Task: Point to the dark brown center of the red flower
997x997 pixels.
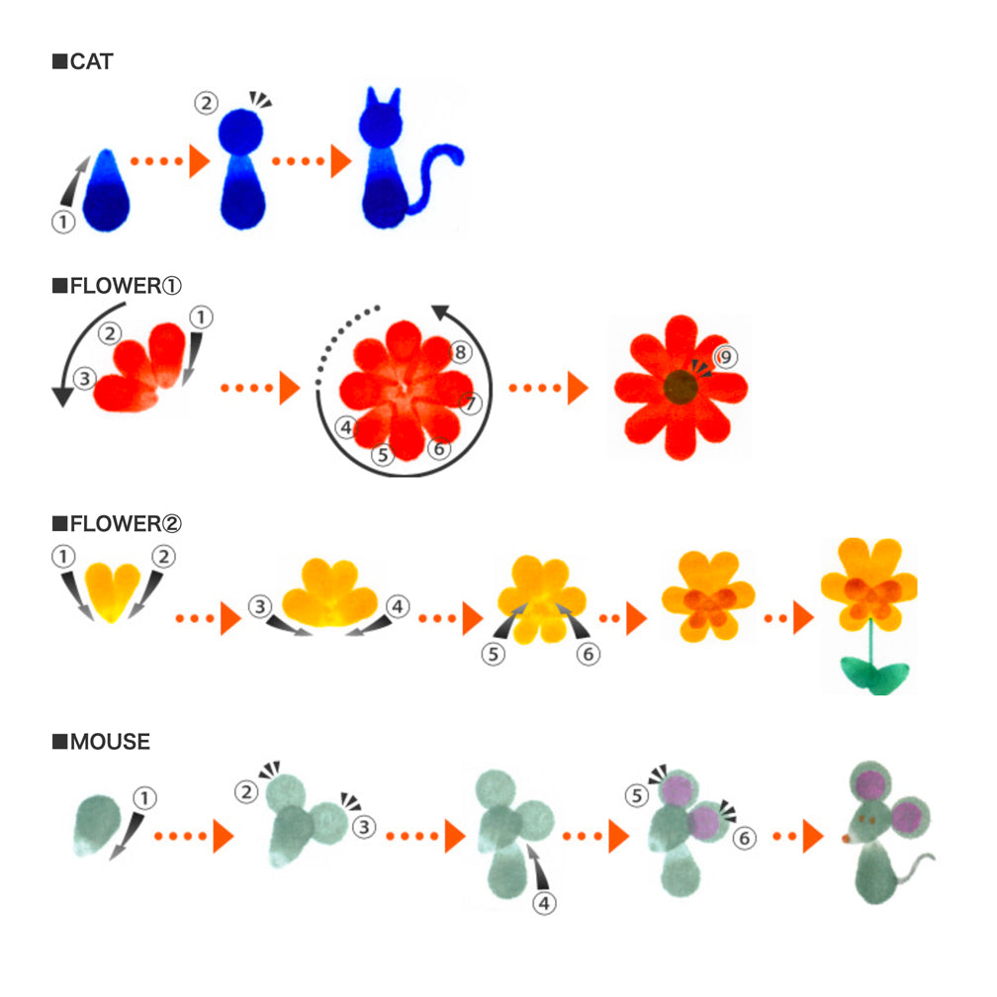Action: tap(680, 387)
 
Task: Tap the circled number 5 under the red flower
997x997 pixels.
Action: tap(383, 455)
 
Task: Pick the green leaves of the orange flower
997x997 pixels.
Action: tap(873, 675)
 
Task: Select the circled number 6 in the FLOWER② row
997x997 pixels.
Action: tap(589, 654)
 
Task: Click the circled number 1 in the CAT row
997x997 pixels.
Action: tap(63, 222)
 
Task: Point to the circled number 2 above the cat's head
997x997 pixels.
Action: tap(206, 103)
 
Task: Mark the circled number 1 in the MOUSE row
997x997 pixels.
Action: tap(143, 797)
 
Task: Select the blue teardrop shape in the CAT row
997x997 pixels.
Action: tap(109, 194)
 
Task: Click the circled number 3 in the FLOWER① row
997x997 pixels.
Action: tap(85, 377)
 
